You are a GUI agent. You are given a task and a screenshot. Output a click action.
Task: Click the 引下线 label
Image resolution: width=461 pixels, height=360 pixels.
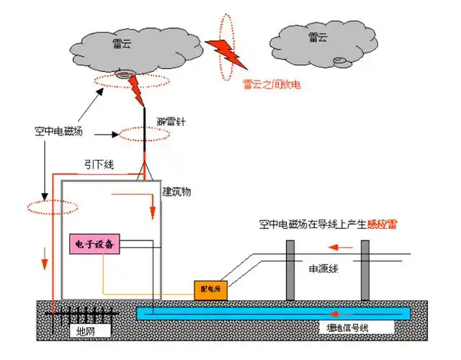coord(99,165)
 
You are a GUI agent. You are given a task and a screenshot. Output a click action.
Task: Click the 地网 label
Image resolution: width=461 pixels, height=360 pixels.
coord(86,330)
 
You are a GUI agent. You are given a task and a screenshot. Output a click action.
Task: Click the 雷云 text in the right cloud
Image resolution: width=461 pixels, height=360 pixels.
coord(317,37)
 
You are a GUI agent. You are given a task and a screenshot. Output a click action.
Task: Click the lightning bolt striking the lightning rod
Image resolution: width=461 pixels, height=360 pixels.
coord(135,90)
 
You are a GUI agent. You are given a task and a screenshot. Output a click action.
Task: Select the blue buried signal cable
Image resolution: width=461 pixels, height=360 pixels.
coord(274,312)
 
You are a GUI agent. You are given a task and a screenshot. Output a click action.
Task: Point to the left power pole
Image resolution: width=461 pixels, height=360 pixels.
coord(290,269)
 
